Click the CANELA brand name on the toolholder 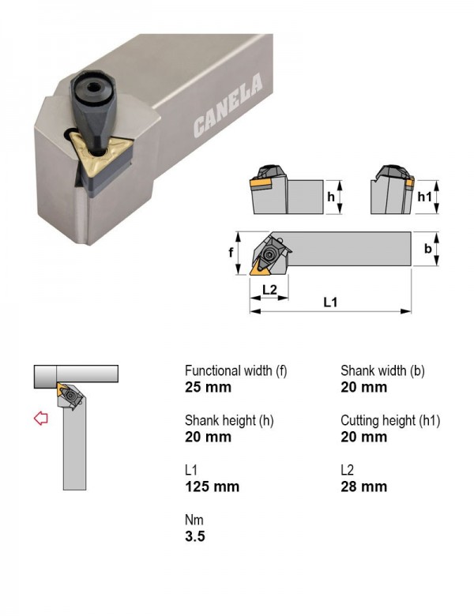pos(228,105)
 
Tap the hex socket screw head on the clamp pos(93,88)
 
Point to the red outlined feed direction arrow pos(41,418)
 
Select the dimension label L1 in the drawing pos(330,302)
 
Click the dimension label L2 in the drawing pos(269,290)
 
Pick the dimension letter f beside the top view pos(231,253)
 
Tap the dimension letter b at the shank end pos(428,248)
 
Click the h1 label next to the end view pos(424,197)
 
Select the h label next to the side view pos(331,197)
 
